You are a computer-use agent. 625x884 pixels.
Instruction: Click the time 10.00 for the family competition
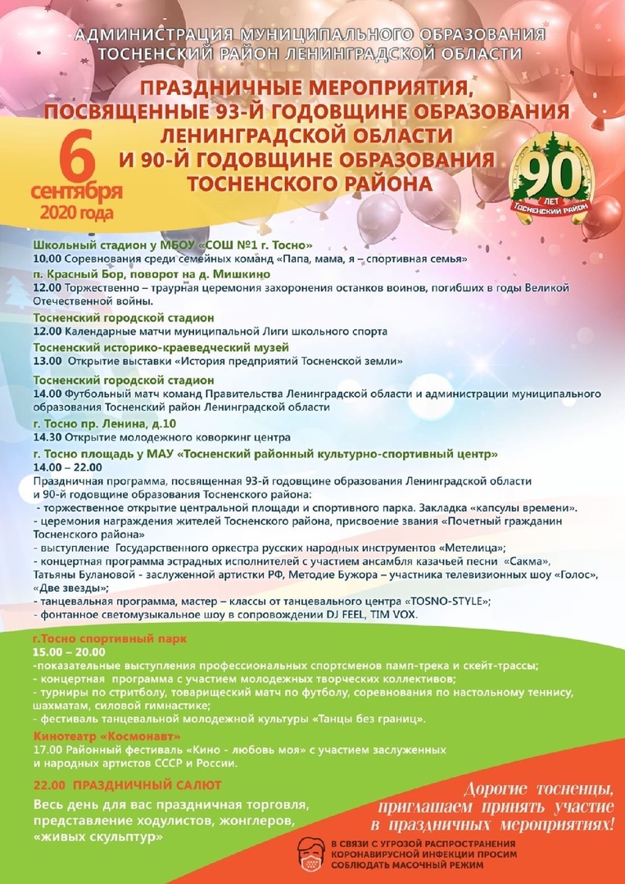(47, 259)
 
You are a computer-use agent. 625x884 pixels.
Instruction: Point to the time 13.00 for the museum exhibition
(47, 360)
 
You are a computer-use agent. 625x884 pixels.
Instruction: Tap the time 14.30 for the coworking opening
(47, 436)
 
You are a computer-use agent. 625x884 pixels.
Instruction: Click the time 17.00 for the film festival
(47, 749)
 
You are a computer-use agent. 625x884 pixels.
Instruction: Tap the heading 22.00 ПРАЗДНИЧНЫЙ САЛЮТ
(128, 785)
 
